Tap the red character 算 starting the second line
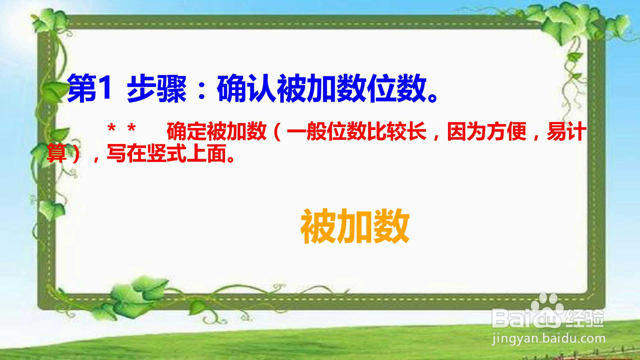point(57,153)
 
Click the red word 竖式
point(166,153)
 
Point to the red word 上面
point(206,153)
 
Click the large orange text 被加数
point(355,227)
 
